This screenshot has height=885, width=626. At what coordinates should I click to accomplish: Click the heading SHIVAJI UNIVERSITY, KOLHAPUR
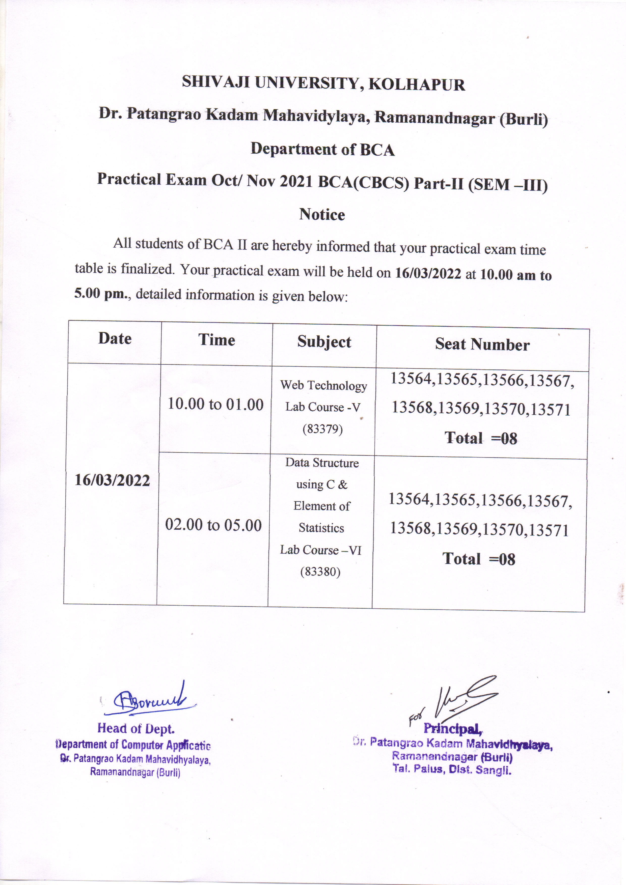323,83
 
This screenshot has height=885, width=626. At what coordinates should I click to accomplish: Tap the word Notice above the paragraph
322,214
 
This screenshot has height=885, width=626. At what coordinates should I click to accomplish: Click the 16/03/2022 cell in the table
112,480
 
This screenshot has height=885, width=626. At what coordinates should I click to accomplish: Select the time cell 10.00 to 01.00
215,404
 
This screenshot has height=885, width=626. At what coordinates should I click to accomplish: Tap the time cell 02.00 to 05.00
213,525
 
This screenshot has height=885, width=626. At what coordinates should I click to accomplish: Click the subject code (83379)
322,429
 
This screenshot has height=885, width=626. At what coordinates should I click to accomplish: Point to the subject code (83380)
320,571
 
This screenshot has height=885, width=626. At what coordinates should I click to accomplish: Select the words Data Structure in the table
322,463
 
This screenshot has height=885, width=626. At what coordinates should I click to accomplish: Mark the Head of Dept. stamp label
136,728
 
